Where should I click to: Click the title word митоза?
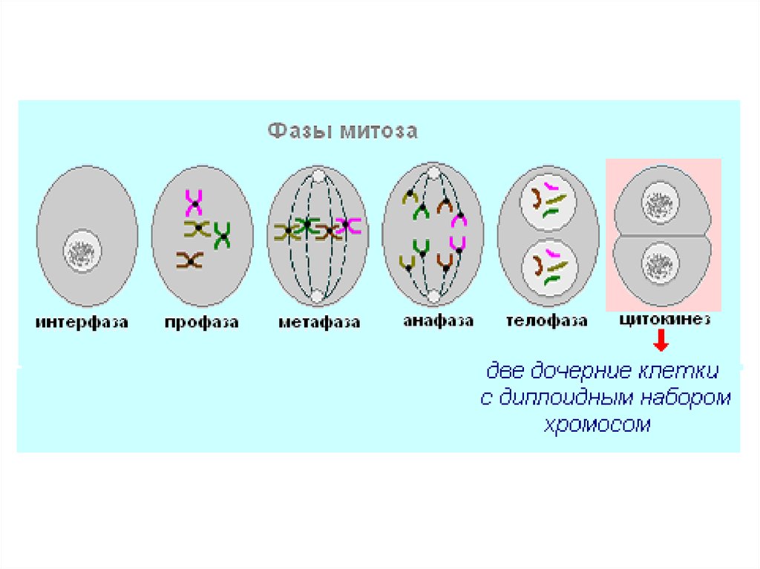pos(379,131)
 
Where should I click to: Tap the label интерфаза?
pos(82,322)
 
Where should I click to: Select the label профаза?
pos(202,323)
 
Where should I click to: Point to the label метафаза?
pos(319,322)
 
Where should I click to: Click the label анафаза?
pos(438,320)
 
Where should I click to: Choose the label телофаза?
pos(547,320)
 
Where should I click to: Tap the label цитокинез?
pos(665,320)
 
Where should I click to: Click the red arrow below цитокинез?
pos(661,341)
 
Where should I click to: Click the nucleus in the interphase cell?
pos(82,251)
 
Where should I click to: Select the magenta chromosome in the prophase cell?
pos(194,203)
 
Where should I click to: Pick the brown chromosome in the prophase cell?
pos(189,260)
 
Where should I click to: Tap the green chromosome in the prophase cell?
pos(223,236)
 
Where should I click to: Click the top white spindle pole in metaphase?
pos(318,176)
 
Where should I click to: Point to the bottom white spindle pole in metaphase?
pos(317,296)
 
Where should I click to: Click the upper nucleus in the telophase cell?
pos(548,202)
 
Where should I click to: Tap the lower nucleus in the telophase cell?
pos(550,268)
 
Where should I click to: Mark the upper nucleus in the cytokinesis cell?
pos(660,203)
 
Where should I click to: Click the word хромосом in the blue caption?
pos(597,424)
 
